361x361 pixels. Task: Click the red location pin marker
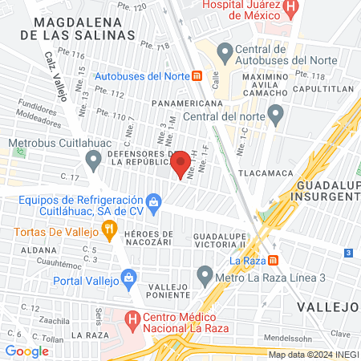tap(180, 163)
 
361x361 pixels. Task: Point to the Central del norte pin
tap(276, 116)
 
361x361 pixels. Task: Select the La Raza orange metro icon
tap(274, 261)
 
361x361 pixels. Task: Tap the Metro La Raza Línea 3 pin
tap(205, 278)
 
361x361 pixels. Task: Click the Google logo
tap(26, 351)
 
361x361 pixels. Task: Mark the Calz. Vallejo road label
tap(57, 74)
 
